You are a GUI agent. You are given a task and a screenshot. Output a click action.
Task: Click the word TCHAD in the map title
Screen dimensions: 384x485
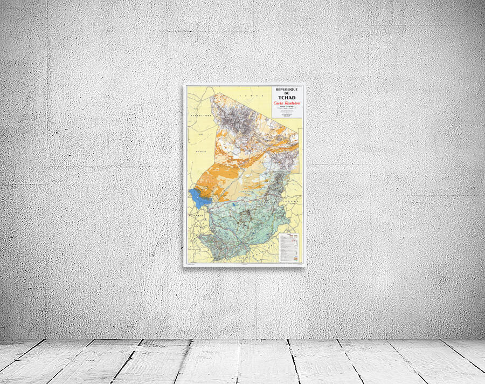click(x=286, y=97)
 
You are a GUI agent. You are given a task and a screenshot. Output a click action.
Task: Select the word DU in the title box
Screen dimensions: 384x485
click(x=286, y=93)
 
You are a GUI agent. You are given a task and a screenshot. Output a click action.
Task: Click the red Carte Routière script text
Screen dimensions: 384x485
click(x=287, y=104)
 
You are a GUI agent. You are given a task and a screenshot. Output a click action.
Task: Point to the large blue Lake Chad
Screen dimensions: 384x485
click(x=198, y=199)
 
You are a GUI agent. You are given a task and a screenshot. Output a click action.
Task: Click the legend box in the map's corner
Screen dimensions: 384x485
click(x=289, y=248)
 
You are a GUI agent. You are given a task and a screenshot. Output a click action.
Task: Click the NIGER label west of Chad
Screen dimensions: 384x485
click(x=201, y=151)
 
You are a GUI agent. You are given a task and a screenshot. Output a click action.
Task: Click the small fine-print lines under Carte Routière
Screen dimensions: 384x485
click(x=287, y=113)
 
